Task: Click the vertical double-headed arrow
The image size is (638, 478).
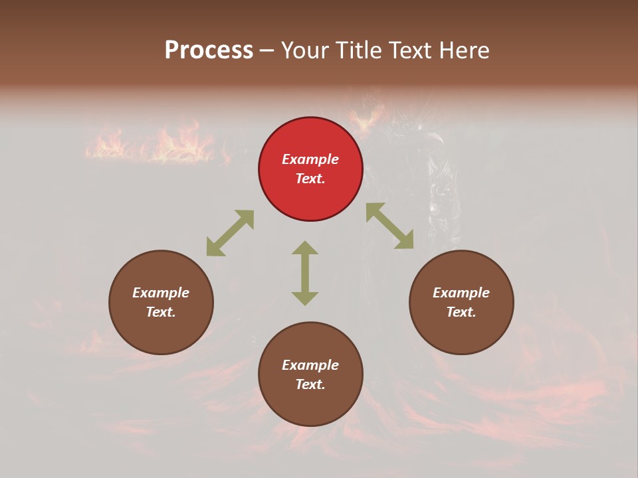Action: [305, 273]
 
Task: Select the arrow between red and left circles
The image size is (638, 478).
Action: [230, 233]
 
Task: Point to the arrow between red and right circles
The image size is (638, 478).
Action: [389, 226]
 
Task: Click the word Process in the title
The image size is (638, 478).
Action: [209, 50]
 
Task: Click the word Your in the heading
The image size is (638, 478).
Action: [303, 50]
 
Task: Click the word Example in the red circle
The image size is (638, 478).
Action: [310, 159]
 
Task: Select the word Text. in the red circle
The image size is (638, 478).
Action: [310, 179]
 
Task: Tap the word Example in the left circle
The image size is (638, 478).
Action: [161, 293]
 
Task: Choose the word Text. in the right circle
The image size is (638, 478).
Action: [461, 312]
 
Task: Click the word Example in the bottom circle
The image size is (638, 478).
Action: [310, 365]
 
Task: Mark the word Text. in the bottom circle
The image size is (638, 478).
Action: [310, 384]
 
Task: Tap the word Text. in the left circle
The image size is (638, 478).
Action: [161, 312]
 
